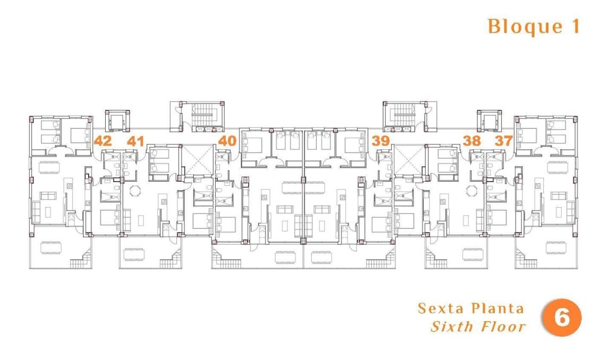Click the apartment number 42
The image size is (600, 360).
click(x=102, y=141)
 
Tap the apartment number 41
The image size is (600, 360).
click(x=136, y=141)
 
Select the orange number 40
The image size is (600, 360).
click(x=227, y=141)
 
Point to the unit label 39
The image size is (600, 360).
click(x=381, y=141)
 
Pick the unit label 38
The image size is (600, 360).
click(x=472, y=141)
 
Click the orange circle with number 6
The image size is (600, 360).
click(x=561, y=318)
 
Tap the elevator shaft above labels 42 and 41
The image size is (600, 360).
click(x=117, y=121)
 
